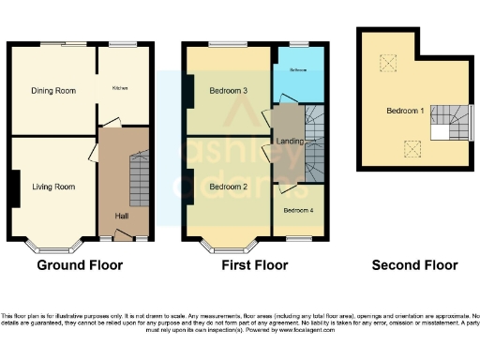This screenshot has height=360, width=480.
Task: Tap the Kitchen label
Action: click(120, 88)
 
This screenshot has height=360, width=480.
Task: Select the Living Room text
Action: click(52, 187)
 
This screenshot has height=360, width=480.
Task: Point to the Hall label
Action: click(122, 217)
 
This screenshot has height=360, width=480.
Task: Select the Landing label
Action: click(287, 141)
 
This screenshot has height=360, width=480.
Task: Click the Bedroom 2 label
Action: click(228, 187)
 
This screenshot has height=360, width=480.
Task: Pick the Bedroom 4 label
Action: click(297, 210)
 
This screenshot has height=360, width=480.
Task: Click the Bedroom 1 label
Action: click(405, 111)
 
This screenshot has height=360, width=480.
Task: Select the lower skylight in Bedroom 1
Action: click(409, 146)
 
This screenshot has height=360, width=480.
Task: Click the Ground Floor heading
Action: click(80, 265)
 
